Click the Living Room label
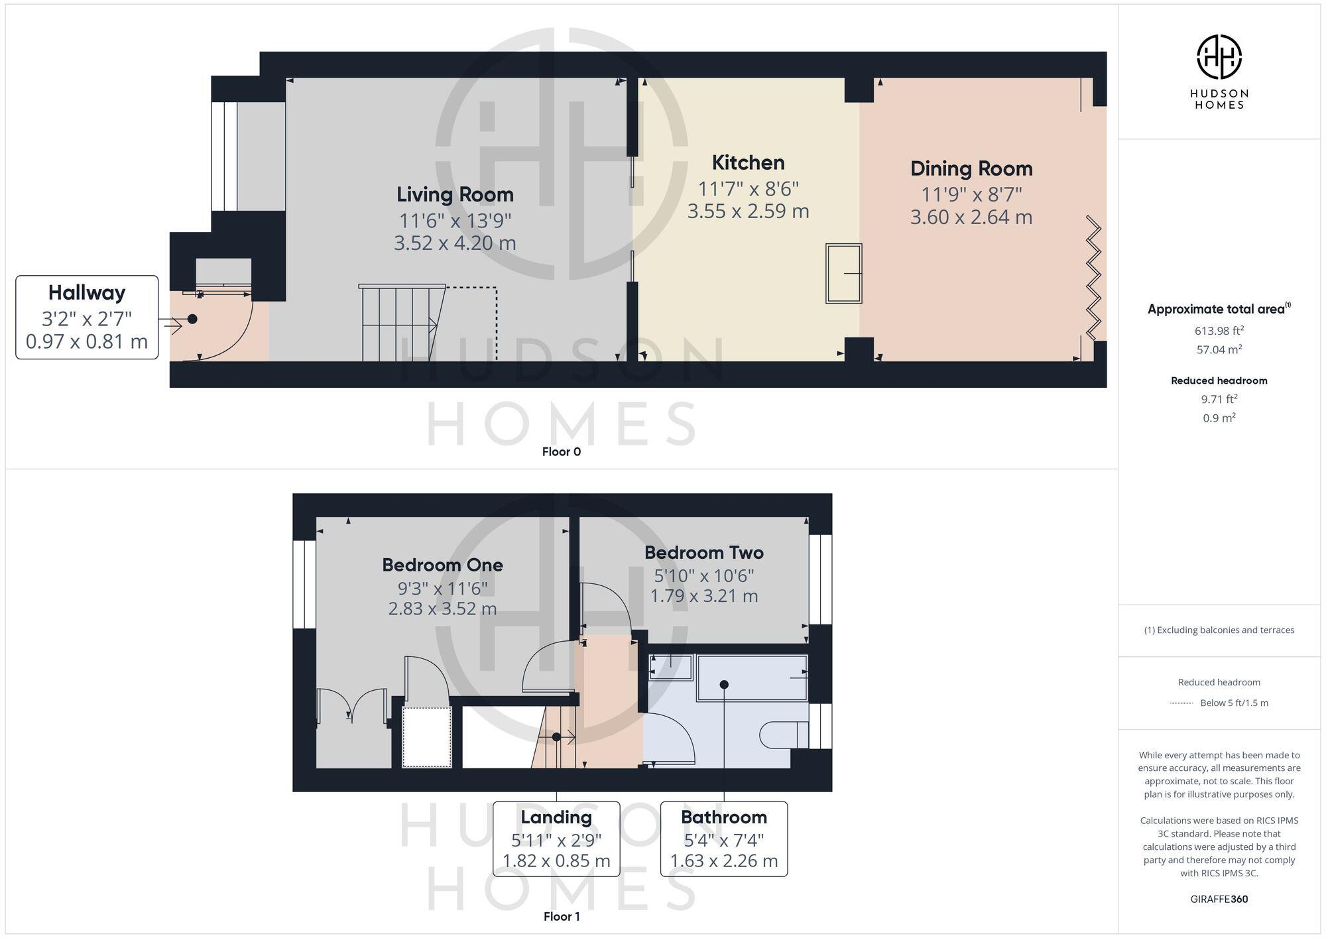click(455, 194)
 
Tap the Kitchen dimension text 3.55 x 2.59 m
click(748, 211)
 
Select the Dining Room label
click(971, 168)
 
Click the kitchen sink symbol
click(843, 273)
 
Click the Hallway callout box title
click(87, 292)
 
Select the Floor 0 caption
click(561, 452)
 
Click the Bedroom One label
click(442, 565)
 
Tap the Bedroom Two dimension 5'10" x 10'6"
click(703, 575)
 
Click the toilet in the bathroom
click(782, 734)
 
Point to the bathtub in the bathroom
click(752, 677)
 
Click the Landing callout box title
click(556, 817)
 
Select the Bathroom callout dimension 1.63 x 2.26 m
click(723, 861)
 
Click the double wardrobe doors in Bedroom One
click(351, 706)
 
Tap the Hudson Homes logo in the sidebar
click(1219, 58)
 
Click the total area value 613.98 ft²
click(1219, 330)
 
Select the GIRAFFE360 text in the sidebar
click(1219, 900)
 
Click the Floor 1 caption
click(561, 917)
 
